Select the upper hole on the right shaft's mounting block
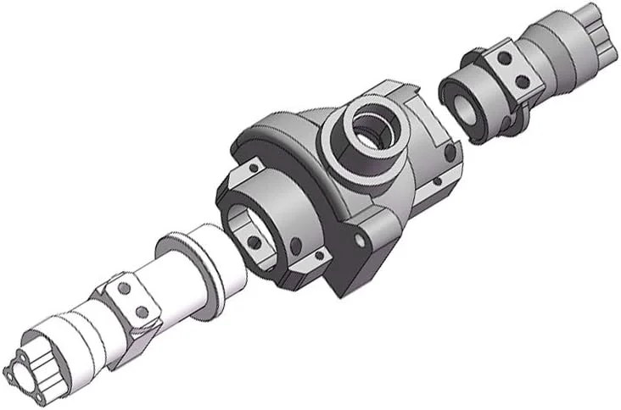point(502,60)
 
